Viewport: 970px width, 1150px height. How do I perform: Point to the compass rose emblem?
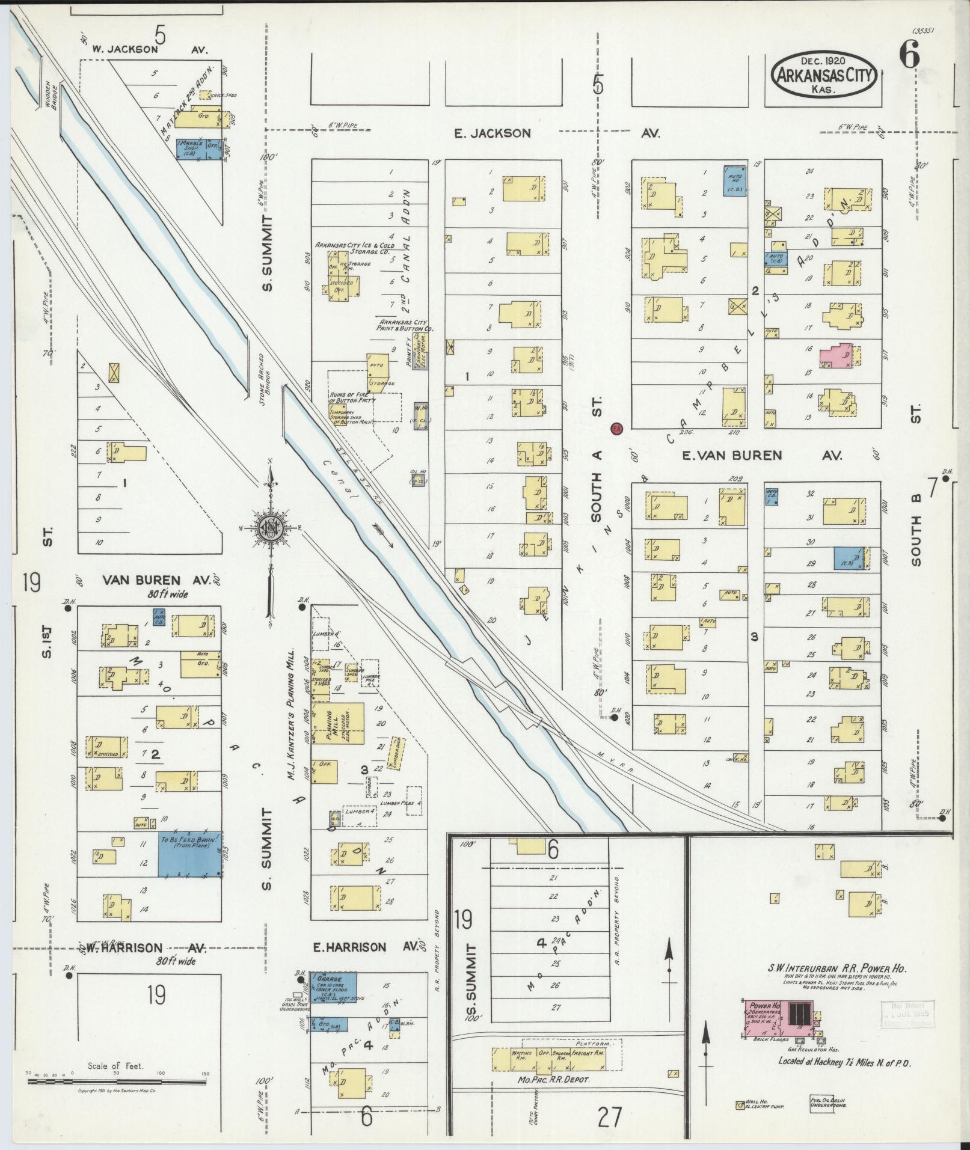click(x=270, y=527)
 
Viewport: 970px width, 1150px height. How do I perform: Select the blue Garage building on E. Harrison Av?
click(x=333, y=987)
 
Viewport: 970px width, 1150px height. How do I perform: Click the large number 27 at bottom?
click(x=609, y=1117)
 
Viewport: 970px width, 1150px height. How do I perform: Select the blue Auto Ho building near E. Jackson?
click(x=734, y=180)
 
